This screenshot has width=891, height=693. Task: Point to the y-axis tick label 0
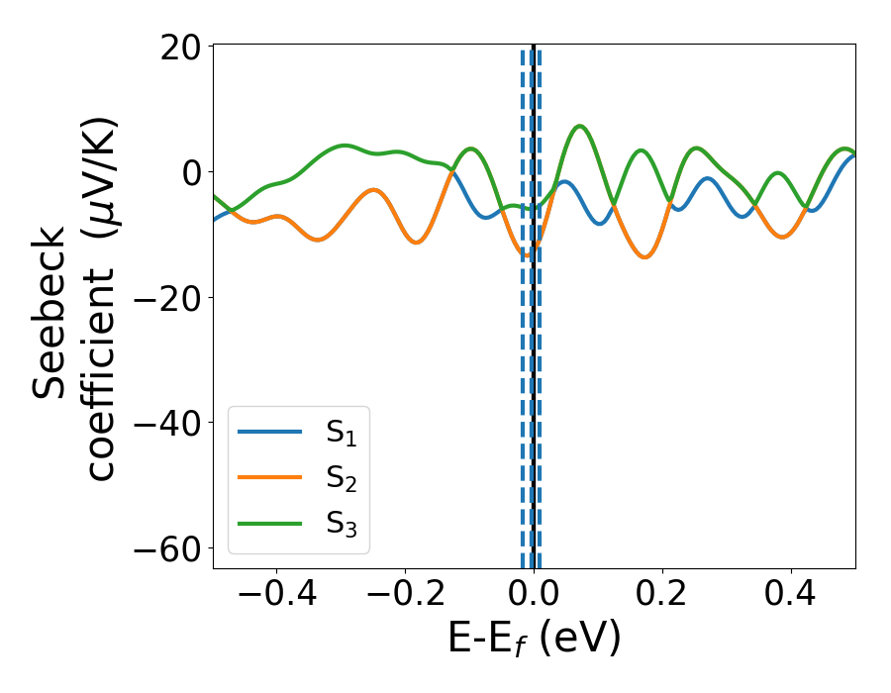(x=189, y=172)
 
